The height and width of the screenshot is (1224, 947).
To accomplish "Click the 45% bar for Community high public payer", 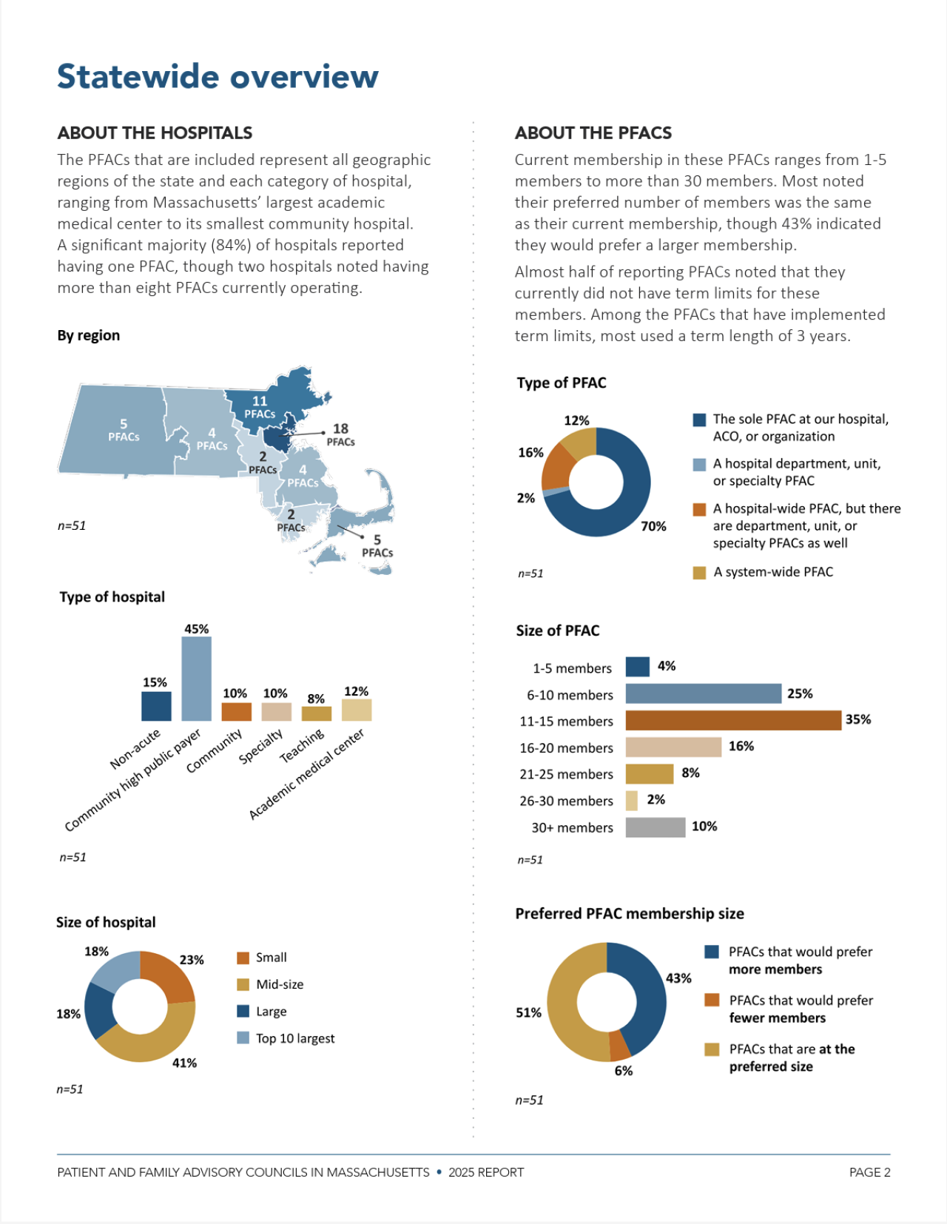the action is click(x=196, y=678).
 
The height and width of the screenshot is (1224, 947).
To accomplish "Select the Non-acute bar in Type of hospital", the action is click(x=156, y=706).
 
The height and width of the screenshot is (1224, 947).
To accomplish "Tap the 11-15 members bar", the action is click(x=732, y=720).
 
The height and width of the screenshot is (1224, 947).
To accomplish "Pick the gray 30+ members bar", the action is click(x=655, y=827).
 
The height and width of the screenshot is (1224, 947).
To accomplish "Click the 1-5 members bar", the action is click(x=637, y=667).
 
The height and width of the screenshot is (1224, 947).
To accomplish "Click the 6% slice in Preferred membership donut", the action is click(x=619, y=1045).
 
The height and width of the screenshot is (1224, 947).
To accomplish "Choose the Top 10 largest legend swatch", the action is click(x=243, y=1038).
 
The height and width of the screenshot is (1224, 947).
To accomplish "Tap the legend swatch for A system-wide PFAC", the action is click(x=699, y=572).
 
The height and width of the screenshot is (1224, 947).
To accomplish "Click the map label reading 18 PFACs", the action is click(x=340, y=434).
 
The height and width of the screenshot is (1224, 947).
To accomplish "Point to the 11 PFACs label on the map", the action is click(x=260, y=407).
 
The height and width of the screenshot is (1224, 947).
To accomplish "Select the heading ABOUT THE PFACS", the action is click(x=593, y=133).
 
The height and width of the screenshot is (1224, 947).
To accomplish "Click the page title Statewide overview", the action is click(x=218, y=76).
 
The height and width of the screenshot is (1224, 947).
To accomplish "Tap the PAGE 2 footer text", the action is click(x=869, y=1172).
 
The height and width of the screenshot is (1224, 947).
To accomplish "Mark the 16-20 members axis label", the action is click(x=566, y=747).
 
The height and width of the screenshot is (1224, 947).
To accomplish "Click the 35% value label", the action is click(x=858, y=719).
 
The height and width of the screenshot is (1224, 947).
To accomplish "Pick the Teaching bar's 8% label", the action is click(x=316, y=699).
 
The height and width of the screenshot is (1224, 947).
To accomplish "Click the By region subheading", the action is click(x=89, y=335).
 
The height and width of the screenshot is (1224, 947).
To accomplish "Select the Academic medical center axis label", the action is click(x=306, y=774).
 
